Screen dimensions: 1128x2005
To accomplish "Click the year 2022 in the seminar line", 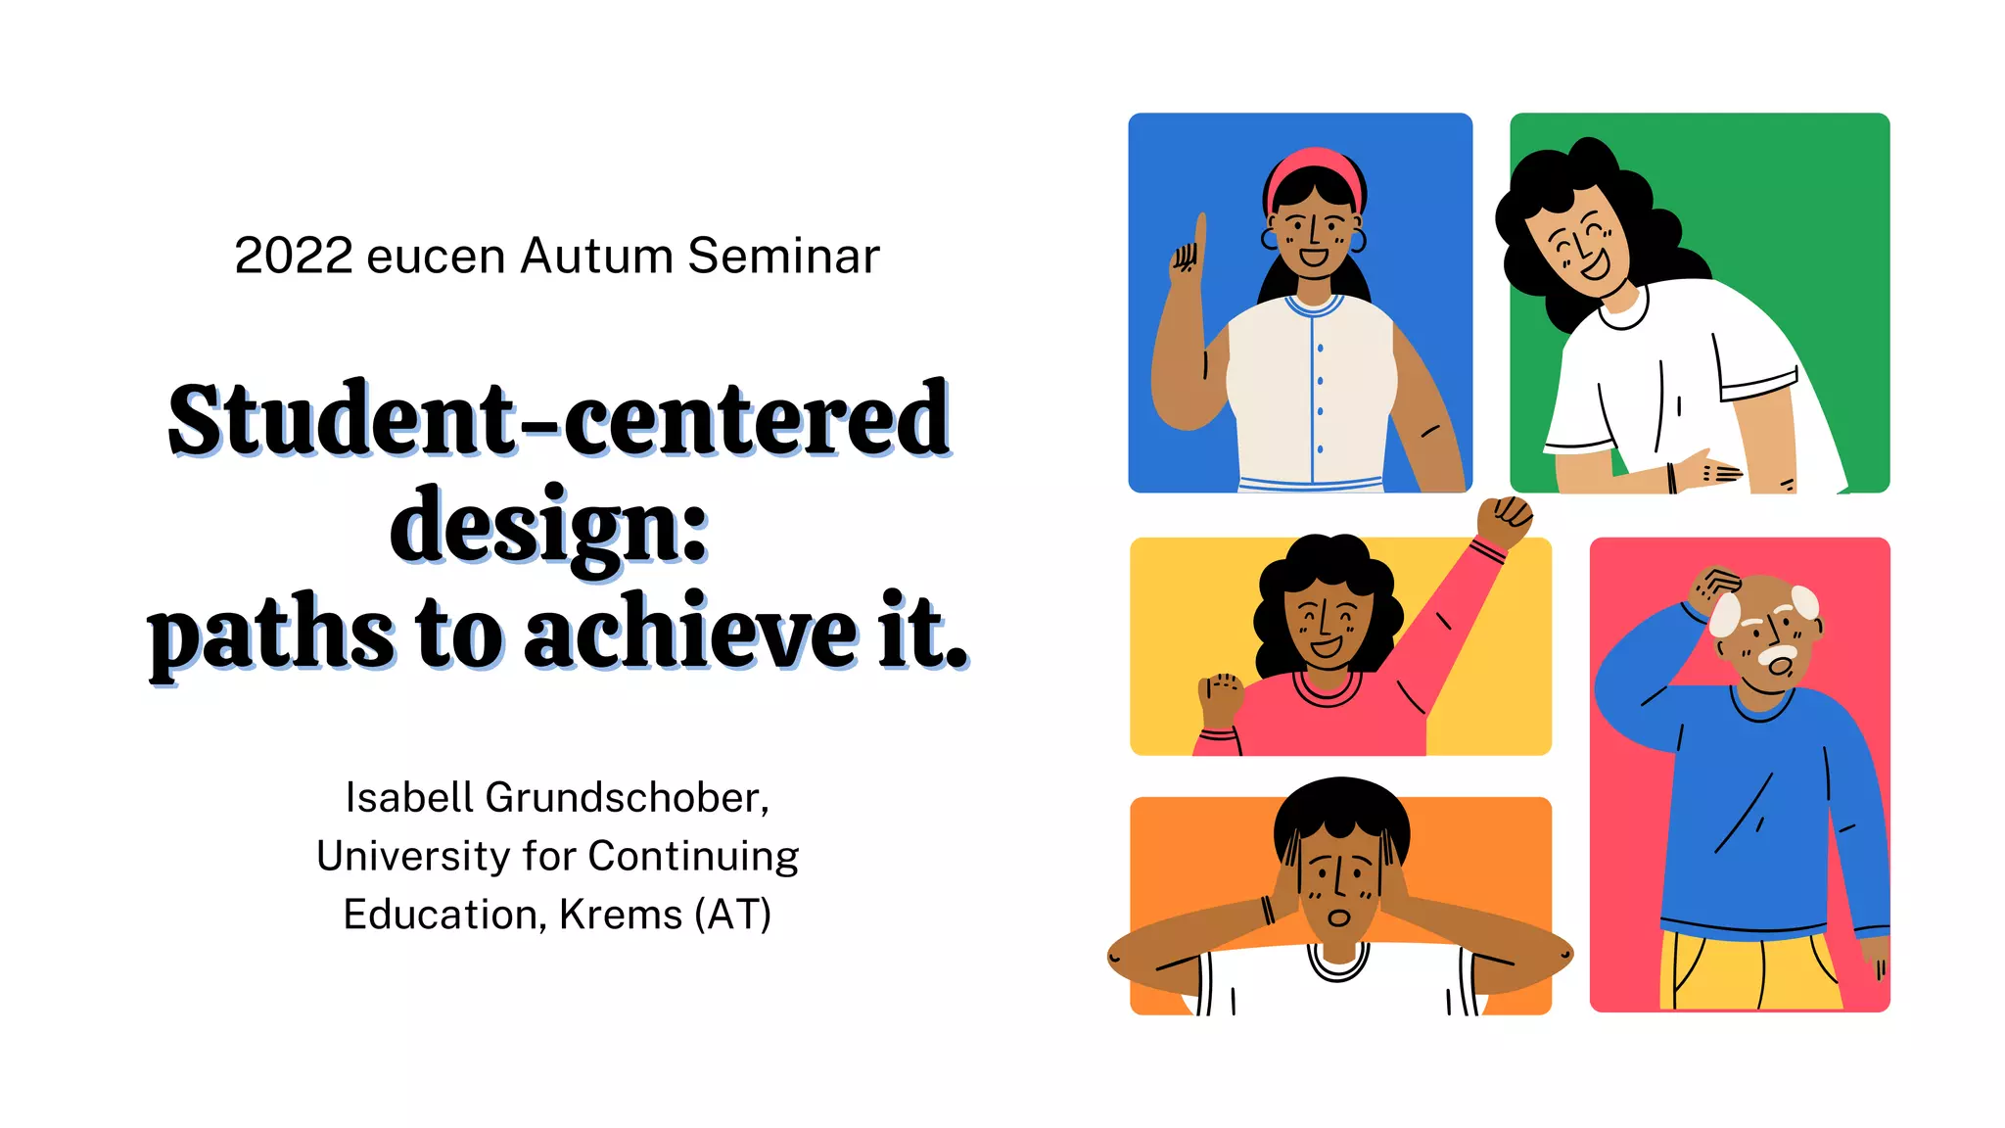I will coord(293,257).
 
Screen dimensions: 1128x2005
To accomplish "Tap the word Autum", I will coord(596,257).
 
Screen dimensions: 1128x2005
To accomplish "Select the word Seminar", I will coord(783,257).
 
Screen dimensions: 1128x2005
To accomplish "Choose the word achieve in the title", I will coord(690,634).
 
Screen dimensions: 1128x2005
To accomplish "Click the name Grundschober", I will coord(627,798).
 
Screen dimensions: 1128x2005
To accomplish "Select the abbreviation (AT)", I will coord(732,915).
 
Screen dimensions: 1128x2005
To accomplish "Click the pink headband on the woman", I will coord(1313,166).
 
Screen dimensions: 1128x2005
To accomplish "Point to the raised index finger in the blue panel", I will coord(1199,235).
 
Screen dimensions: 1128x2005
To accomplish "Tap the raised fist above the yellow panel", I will coord(1505,519).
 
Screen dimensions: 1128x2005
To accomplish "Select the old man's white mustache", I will coord(1777,653).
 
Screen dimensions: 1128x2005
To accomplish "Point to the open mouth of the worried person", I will coord(1338,917).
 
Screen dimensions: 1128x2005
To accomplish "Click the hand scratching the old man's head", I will coord(1715,587).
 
